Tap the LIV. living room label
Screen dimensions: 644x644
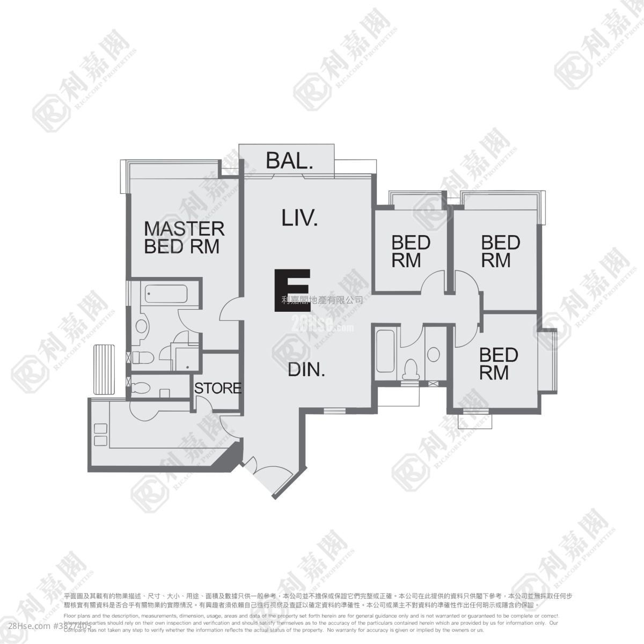300,217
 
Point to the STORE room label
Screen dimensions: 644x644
218,388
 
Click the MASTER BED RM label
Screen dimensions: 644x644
184,237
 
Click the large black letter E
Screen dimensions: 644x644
292,290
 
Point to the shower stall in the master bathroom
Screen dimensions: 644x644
187,358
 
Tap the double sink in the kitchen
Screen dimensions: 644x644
100,435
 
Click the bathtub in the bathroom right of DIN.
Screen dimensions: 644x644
385,352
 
